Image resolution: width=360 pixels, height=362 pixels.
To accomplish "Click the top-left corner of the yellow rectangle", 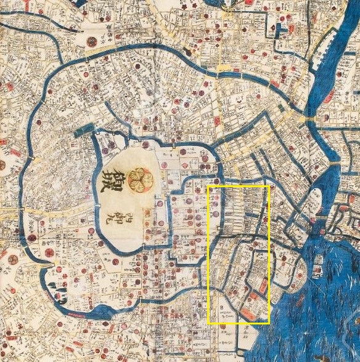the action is point(208,185).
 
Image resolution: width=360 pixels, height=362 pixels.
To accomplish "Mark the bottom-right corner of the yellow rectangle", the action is point(269,323).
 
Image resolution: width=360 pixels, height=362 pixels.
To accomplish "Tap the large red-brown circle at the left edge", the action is point(2,165).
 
